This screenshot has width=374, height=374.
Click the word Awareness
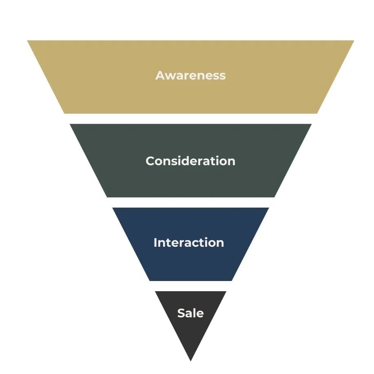click(190, 75)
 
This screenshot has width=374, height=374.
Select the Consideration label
click(190, 161)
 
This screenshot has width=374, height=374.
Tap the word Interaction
click(189, 243)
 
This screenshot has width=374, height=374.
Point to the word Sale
click(190, 313)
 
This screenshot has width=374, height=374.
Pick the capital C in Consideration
click(150, 161)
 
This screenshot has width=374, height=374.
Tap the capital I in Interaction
click(155, 243)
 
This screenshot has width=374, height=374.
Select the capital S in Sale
click(181, 313)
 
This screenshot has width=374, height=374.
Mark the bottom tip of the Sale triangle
click(190, 361)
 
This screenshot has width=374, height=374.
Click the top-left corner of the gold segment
click(28, 41)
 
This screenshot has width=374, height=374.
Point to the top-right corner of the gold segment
click(353, 41)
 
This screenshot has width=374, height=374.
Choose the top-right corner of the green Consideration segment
click(311, 124)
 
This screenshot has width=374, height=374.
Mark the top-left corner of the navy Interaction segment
click(113, 208)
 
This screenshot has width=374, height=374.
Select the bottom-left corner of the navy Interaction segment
click(150, 280)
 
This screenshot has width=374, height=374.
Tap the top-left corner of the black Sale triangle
click(155, 292)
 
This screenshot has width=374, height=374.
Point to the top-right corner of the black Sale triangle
click(226, 292)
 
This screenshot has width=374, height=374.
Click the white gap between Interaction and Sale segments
click(190, 286)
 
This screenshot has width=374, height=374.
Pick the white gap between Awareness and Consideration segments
click(190, 119)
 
